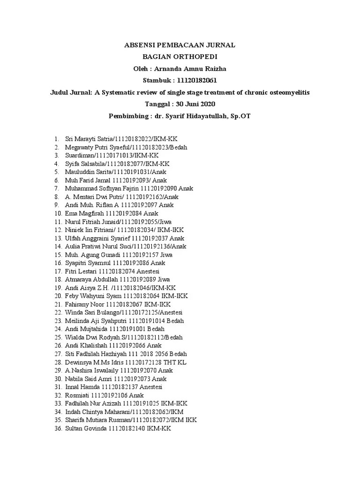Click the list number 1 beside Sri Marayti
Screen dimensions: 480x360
click(56, 139)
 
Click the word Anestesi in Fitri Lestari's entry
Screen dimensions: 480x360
click(148, 271)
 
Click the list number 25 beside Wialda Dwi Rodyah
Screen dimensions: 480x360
click(58, 337)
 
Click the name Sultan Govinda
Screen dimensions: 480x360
click(86, 428)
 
